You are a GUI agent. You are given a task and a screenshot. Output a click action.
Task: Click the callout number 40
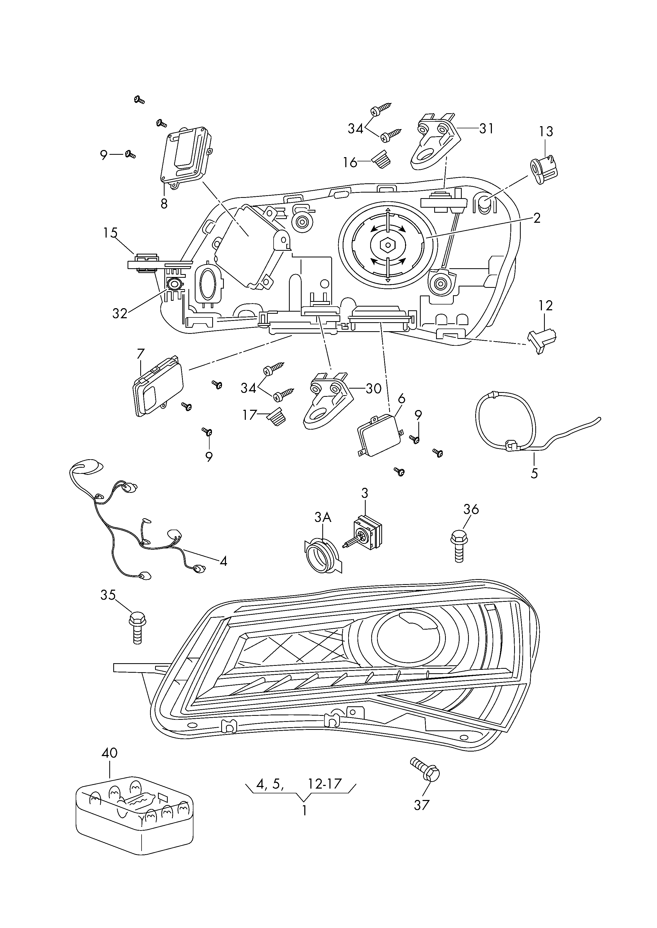109,753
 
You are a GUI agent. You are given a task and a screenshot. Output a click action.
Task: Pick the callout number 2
536,218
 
